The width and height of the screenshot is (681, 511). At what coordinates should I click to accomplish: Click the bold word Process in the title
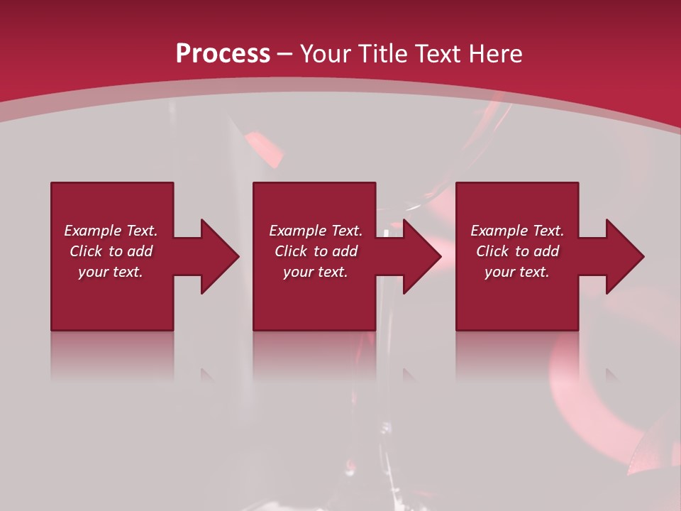tap(223, 54)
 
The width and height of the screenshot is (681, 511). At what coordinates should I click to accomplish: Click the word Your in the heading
tap(327, 54)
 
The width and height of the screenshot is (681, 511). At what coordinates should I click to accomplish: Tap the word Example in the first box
tap(93, 231)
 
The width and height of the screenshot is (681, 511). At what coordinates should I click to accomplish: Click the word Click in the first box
tap(86, 251)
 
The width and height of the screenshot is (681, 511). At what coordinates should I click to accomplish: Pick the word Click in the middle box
tap(291, 251)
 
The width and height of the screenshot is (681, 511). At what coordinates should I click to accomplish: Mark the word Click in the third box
tap(492, 251)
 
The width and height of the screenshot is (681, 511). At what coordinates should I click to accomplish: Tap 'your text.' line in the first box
tap(111, 272)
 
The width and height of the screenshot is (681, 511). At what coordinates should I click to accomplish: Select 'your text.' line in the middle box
tap(316, 272)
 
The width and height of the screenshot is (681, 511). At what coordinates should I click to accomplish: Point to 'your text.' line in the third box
tap(517, 272)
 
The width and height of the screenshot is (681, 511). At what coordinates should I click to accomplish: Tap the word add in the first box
tap(140, 251)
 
